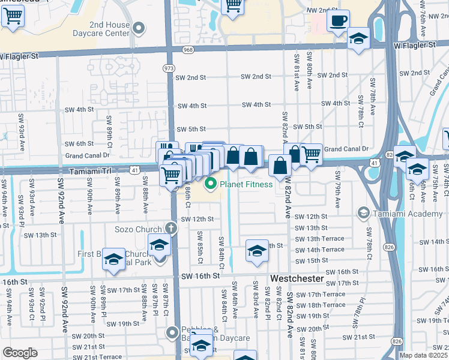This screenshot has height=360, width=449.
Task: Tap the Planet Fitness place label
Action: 247,184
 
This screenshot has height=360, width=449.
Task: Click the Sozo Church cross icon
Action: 171,229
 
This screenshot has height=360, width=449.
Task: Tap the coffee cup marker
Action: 339,20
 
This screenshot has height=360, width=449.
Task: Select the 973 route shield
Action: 169,69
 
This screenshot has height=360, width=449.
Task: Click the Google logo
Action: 20,353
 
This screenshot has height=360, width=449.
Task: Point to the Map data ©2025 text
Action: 423,355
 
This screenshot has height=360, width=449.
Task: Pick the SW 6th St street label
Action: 80,143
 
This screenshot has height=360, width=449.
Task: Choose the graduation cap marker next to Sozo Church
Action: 159,245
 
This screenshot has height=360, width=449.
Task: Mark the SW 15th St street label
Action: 313,260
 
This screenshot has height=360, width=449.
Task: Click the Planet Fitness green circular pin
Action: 211,184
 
